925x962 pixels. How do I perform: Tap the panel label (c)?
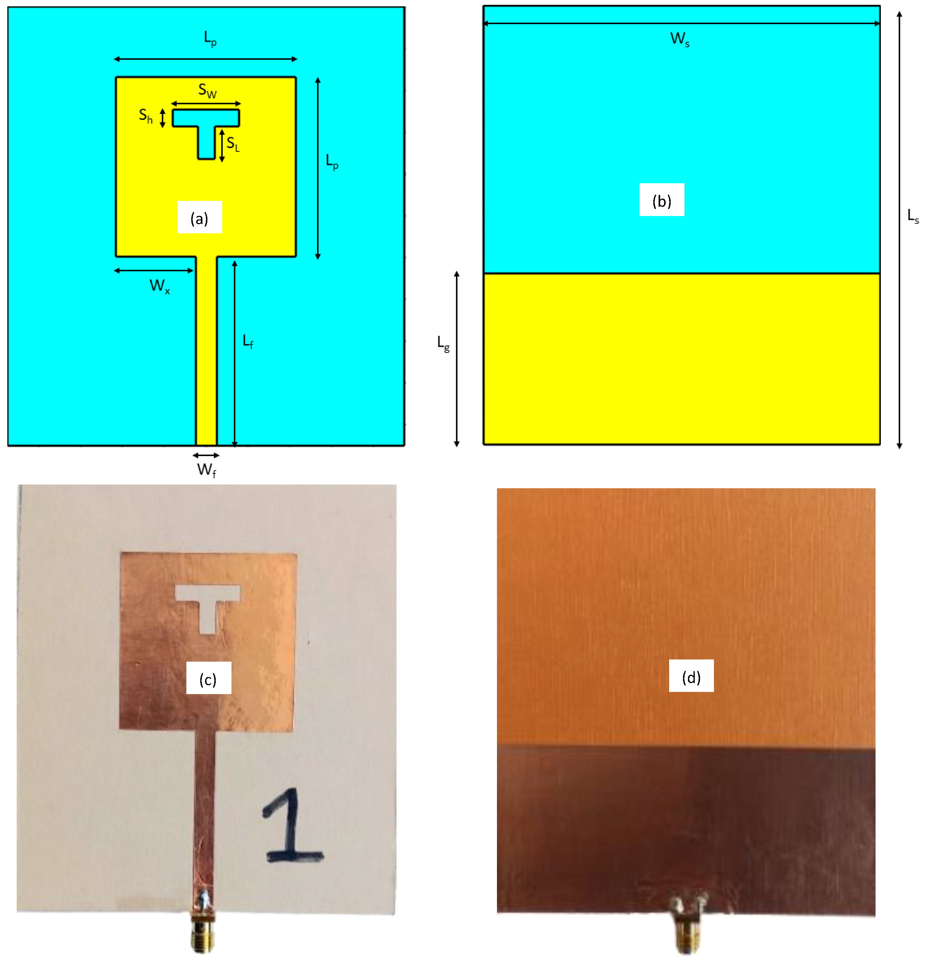tap(208, 679)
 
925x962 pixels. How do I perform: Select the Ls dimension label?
tap(913, 216)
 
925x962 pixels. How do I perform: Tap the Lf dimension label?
tap(248, 341)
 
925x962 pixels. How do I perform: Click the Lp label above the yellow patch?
tap(210, 38)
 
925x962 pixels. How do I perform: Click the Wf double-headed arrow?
tap(206, 456)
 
